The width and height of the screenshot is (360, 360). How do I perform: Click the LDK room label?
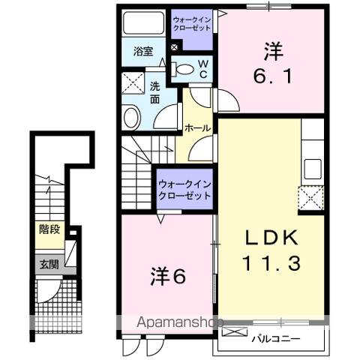click(x=273, y=238)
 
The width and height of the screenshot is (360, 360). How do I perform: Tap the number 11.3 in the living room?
click(x=271, y=263)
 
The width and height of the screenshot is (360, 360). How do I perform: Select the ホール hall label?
click(x=197, y=128)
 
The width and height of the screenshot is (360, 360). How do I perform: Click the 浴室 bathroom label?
click(x=143, y=52)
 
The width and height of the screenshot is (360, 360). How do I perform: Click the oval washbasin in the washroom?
click(x=132, y=117)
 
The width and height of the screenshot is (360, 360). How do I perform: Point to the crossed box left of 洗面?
click(x=133, y=81)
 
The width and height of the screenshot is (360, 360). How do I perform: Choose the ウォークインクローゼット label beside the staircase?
click(x=184, y=188)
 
